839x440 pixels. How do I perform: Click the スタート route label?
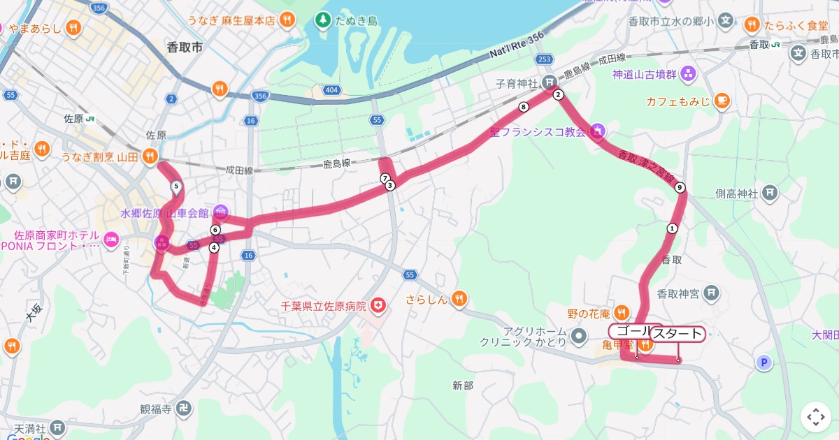click(677, 335)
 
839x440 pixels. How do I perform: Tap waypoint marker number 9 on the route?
click(680, 187)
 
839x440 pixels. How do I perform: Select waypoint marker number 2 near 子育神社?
click(557, 95)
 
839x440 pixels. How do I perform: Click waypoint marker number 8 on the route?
click(523, 107)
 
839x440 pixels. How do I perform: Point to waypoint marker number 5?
click(175, 186)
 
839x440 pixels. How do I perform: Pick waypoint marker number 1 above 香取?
click(672, 228)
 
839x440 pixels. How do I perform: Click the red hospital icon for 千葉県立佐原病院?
click(378, 305)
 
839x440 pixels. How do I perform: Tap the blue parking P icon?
click(765, 362)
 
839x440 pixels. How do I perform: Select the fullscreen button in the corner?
click(815, 417)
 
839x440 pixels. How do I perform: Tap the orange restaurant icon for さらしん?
click(459, 300)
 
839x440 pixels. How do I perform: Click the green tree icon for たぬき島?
click(322, 20)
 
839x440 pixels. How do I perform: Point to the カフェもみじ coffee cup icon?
click(722, 101)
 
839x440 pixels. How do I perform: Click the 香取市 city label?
click(185, 47)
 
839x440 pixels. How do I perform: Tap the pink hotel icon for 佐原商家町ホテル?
click(110, 240)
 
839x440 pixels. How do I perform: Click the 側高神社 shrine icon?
click(769, 193)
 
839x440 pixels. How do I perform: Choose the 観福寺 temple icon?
click(183, 408)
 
